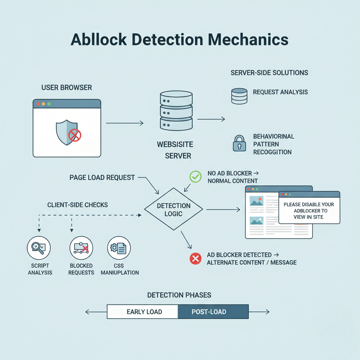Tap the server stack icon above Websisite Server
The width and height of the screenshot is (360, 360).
176,110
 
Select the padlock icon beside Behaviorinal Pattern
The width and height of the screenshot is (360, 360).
239,143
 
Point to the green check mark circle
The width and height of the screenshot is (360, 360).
195,176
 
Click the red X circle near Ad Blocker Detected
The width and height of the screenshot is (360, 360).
195,259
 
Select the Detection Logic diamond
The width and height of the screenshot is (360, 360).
174,210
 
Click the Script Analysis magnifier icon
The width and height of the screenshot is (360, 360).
39,248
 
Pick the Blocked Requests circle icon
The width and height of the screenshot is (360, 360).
81,248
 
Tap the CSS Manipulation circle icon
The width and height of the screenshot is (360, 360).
119,248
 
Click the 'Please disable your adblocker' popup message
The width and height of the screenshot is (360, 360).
309,210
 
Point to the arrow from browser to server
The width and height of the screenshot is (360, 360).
125,123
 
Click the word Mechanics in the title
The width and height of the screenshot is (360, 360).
244,40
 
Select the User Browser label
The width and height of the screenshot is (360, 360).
67,87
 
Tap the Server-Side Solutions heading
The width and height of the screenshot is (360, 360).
269,73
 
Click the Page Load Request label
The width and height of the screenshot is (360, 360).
102,178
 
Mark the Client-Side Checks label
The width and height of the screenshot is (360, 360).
77,205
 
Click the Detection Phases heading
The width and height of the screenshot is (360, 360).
179,295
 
